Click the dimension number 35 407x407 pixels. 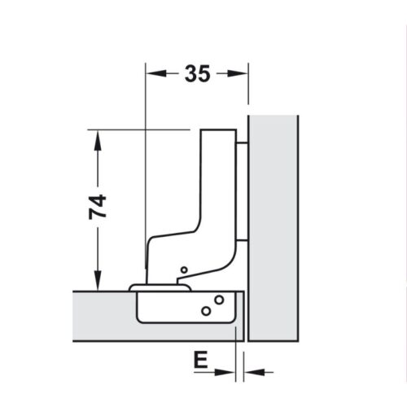pos(196,74)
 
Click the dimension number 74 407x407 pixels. pos(98,208)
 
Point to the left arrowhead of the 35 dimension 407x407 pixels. pos(151,74)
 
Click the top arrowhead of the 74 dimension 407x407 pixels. pos(98,136)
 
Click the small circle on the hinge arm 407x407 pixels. pos(184,269)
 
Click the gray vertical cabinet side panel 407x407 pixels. pos(274,228)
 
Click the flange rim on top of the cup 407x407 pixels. pos(159,287)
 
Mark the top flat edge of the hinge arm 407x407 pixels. pos(218,130)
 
